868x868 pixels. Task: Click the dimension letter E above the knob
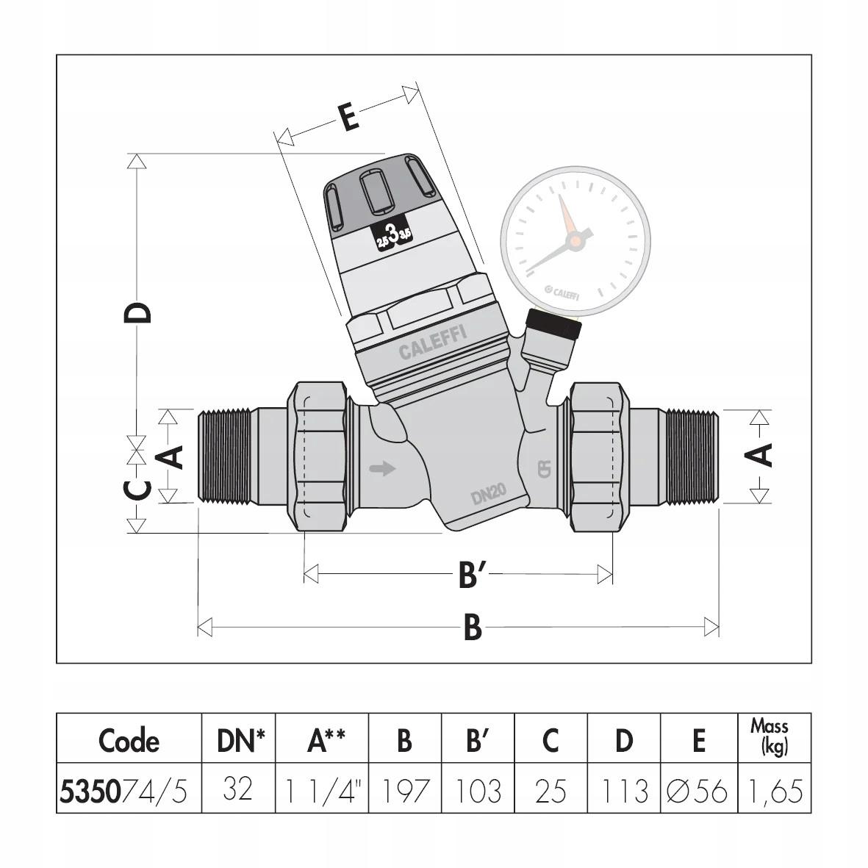coord(349,118)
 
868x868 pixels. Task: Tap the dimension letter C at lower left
coord(137,489)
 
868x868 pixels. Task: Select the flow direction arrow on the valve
coord(382,468)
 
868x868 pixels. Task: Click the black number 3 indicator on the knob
coord(393,235)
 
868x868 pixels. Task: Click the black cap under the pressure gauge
coord(555,324)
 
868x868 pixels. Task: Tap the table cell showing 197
coord(404,791)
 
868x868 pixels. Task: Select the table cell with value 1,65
coord(774,791)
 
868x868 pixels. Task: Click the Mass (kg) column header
coord(770,737)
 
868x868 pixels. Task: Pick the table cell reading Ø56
coord(697,791)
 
